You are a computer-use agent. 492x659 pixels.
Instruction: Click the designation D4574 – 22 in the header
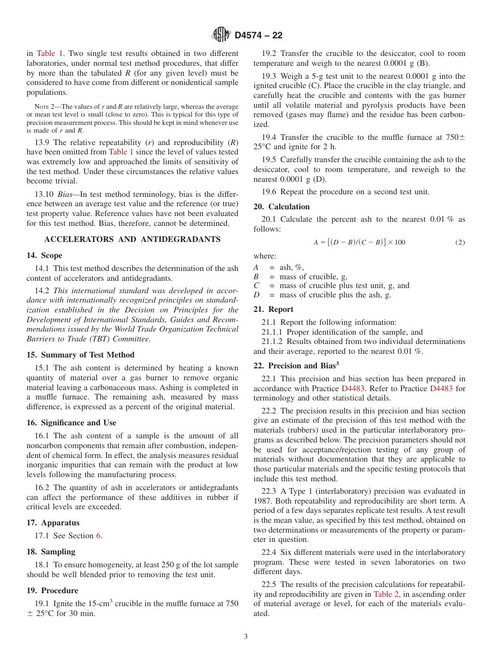(258, 35)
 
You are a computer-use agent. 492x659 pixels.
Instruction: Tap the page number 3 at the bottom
(246, 636)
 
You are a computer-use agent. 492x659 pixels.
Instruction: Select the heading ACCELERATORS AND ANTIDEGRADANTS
(133, 239)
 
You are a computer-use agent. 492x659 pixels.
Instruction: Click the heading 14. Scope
(45, 255)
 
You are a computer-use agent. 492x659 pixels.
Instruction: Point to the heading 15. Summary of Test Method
(80, 355)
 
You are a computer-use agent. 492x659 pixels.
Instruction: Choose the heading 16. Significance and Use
(71, 423)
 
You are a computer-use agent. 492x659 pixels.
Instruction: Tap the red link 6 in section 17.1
(98, 536)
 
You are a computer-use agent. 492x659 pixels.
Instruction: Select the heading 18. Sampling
(51, 552)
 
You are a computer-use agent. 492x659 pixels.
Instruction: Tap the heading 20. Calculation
(282, 207)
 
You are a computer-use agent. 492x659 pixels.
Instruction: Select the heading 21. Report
(273, 309)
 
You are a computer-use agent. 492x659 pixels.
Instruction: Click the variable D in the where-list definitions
(256, 295)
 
